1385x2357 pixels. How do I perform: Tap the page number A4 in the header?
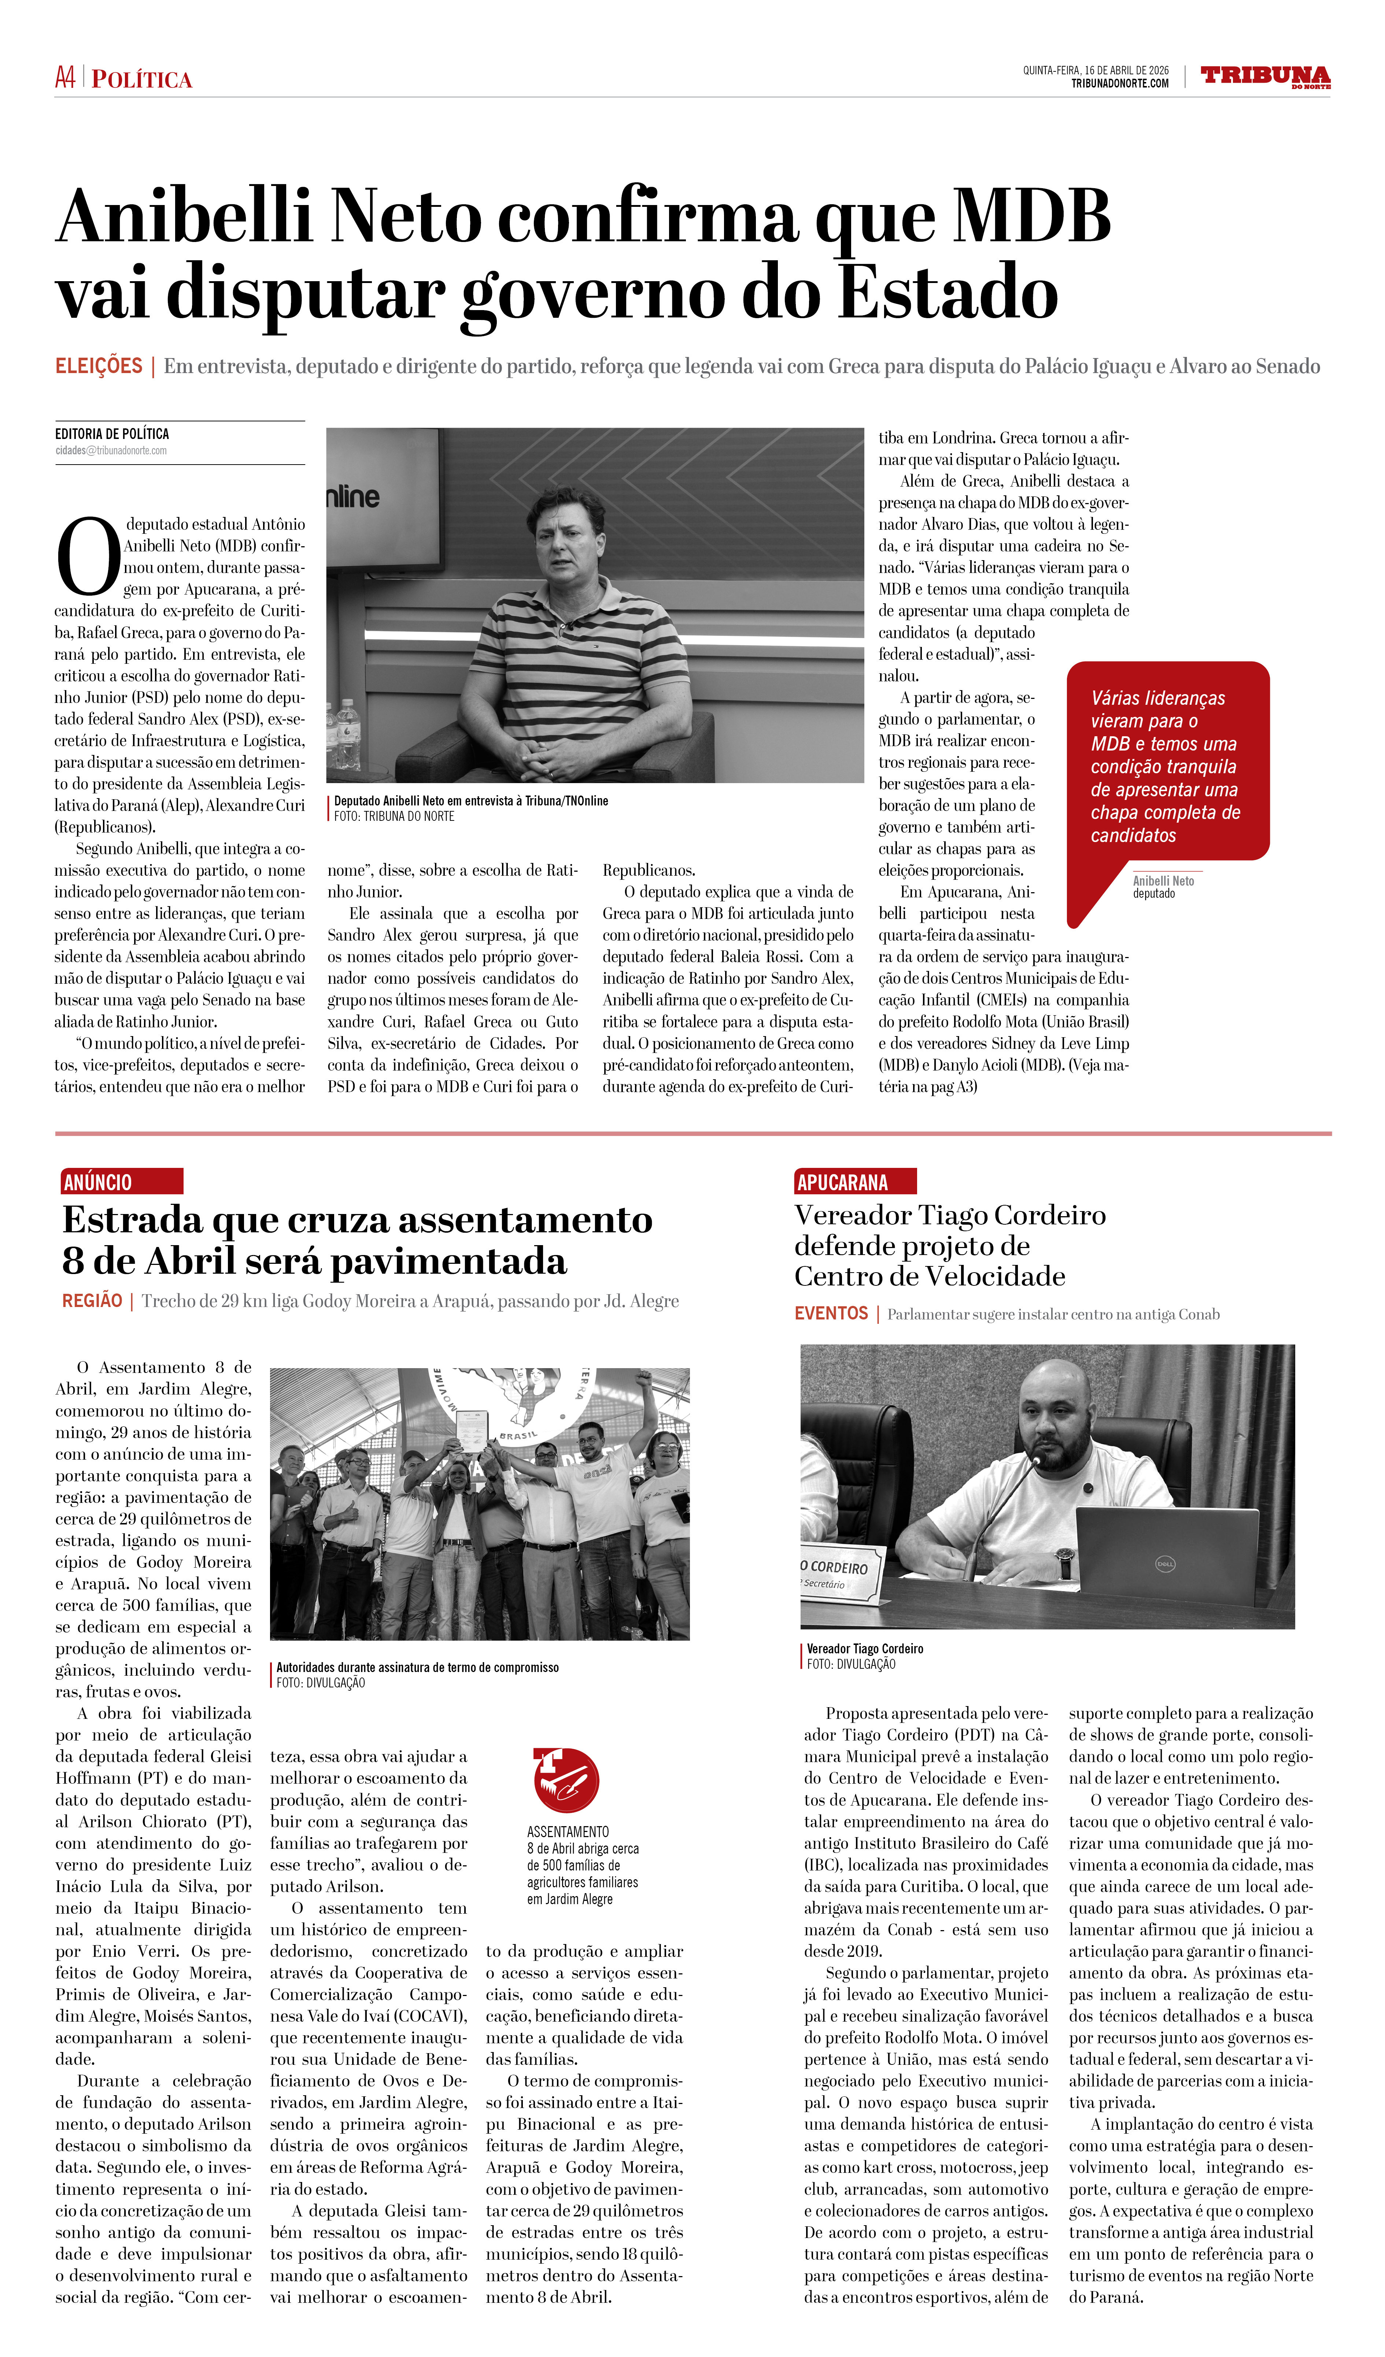64,78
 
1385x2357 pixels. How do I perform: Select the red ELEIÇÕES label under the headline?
98,366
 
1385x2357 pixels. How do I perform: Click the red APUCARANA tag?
854,1181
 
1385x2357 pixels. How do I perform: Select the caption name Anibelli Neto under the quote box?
1163,881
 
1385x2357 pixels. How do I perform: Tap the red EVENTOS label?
831,1313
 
